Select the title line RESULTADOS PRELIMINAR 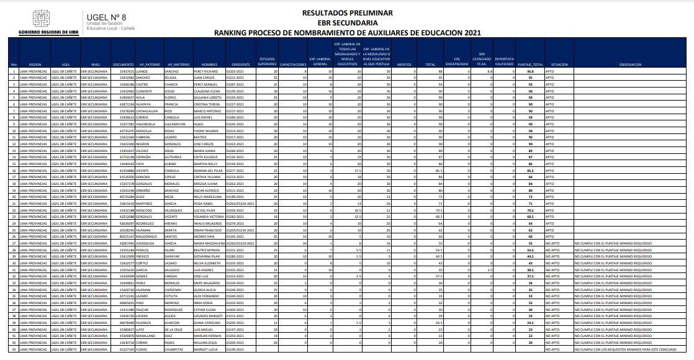tap(347, 12)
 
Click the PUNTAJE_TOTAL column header tap(530, 65)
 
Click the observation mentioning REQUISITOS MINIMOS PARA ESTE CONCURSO tap(595, 349)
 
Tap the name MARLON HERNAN tap(205, 336)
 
